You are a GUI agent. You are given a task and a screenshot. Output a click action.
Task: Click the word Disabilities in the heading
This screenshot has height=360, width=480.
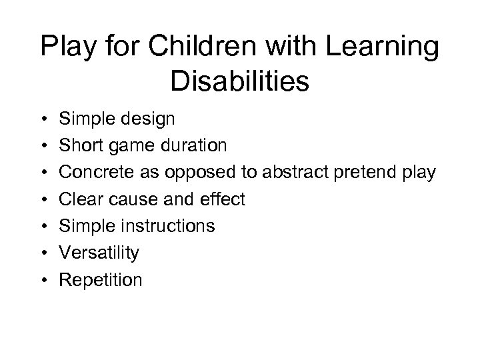click(240, 83)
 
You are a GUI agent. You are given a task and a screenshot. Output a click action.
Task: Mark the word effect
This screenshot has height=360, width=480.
click(223, 199)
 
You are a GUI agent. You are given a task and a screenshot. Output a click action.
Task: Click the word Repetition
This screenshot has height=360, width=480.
click(101, 279)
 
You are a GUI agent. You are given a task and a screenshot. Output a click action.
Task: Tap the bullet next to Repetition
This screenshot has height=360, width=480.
click(42, 279)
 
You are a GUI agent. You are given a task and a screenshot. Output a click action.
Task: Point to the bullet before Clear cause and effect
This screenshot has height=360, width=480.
click(42, 199)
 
